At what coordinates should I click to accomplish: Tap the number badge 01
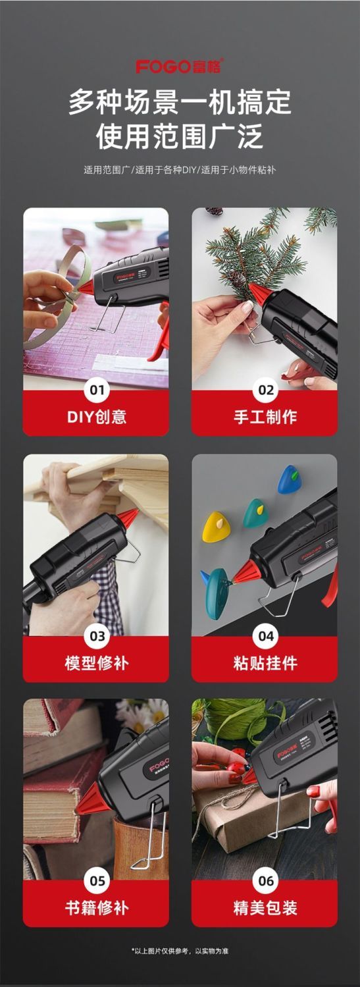pyautogui.click(x=97, y=390)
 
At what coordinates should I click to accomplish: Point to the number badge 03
pyautogui.click(x=97, y=636)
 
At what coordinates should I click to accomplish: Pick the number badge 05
pyautogui.click(x=97, y=881)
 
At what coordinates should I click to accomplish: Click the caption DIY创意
pyautogui.click(x=97, y=417)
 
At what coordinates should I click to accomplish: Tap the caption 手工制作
pyautogui.click(x=265, y=417)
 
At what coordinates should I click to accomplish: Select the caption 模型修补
pyautogui.click(x=97, y=662)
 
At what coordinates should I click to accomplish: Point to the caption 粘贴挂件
pyautogui.click(x=265, y=662)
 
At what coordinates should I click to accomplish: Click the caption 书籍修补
pyautogui.click(x=97, y=908)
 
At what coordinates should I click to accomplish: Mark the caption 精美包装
pyautogui.click(x=265, y=908)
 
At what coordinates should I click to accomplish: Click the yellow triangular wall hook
pyautogui.click(x=215, y=527)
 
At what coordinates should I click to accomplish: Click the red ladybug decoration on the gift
pyautogui.click(x=240, y=768)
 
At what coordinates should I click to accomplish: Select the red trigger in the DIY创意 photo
pyautogui.click(x=160, y=333)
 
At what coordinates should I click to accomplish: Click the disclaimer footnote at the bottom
pyautogui.click(x=180, y=951)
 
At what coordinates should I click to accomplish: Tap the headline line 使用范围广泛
pyautogui.click(x=180, y=136)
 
